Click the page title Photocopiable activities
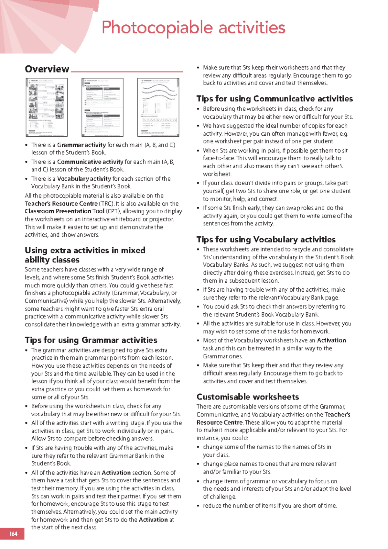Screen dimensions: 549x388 point(193,28)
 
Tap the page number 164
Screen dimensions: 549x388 point(13,534)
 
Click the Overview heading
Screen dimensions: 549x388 point(47,69)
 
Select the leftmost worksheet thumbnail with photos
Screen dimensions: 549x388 point(47,107)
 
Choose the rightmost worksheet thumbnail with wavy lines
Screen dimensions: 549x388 point(158,107)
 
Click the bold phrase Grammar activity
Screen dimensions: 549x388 point(81,145)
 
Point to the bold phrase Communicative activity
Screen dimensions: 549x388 point(90,162)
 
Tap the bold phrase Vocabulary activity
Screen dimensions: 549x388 point(84,179)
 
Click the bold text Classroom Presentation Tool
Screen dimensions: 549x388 point(64,211)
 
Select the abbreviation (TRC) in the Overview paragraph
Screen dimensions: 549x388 point(106,204)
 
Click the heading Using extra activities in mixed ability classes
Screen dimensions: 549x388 point(85,255)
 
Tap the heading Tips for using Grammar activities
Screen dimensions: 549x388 point(91,340)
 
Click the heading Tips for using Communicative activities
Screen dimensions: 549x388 point(275,99)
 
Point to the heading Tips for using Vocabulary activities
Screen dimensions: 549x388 point(266,240)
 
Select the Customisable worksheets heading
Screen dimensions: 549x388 point(248,397)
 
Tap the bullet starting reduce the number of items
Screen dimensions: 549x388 point(270,506)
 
